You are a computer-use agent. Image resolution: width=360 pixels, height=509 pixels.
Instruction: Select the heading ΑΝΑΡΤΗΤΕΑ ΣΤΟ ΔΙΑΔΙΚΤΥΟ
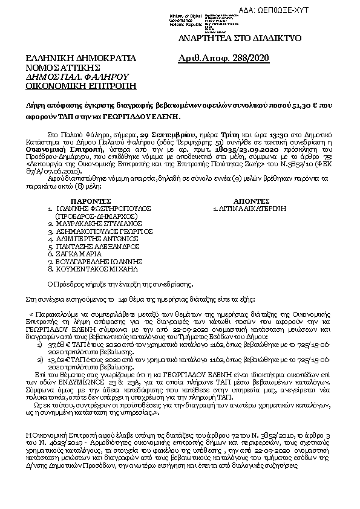coord(236,38)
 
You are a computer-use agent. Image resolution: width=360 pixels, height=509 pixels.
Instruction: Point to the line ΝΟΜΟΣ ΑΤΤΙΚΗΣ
coord(62,68)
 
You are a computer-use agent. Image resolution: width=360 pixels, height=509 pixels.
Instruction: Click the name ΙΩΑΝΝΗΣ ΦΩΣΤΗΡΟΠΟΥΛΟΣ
coord(100,207)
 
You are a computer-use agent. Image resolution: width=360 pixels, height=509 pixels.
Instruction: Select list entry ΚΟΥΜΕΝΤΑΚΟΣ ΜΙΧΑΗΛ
coord(99,270)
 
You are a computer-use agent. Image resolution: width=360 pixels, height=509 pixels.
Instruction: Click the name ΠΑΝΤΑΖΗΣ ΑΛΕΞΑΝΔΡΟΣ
coord(95,247)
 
